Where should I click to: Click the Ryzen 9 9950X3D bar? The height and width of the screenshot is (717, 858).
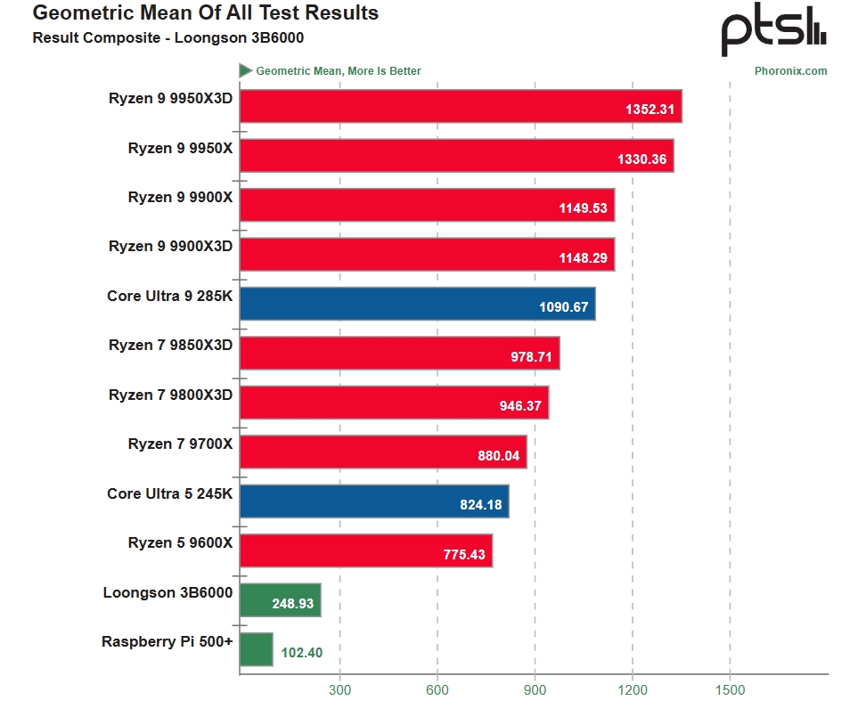pyautogui.click(x=460, y=106)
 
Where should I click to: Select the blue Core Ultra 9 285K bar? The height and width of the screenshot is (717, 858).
pyautogui.click(x=417, y=304)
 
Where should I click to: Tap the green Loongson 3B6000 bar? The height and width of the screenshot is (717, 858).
pyautogui.click(x=280, y=600)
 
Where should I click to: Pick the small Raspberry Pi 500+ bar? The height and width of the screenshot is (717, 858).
pyautogui.click(x=256, y=649)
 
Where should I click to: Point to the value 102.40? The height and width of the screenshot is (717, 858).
pyautogui.click(x=301, y=653)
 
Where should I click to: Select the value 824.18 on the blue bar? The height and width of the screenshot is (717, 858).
pyautogui.click(x=480, y=505)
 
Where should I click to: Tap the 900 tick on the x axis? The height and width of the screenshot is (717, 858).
pyautogui.click(x=535, y=689)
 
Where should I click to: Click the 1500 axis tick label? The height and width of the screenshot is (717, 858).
pyautogui.click(x=730, y=689)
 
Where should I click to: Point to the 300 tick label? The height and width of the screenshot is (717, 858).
pyautogui.click(x=339, y=689)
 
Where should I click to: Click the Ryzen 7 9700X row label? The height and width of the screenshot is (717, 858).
pyautogui.click(x=180, y=444)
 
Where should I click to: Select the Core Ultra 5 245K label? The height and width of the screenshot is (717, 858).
pyautogui.click(x=169, y=493)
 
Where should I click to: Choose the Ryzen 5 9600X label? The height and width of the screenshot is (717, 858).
pyautogui.click(x=180, y=542)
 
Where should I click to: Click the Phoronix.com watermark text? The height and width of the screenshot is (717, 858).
pyautogui.click(x=790, y=71)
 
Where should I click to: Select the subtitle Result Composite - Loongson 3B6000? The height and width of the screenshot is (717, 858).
pyautogui.click(x=150, y=37)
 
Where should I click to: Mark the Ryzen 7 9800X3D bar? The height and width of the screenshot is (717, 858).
pyautogui.click(x=394, y=403)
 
